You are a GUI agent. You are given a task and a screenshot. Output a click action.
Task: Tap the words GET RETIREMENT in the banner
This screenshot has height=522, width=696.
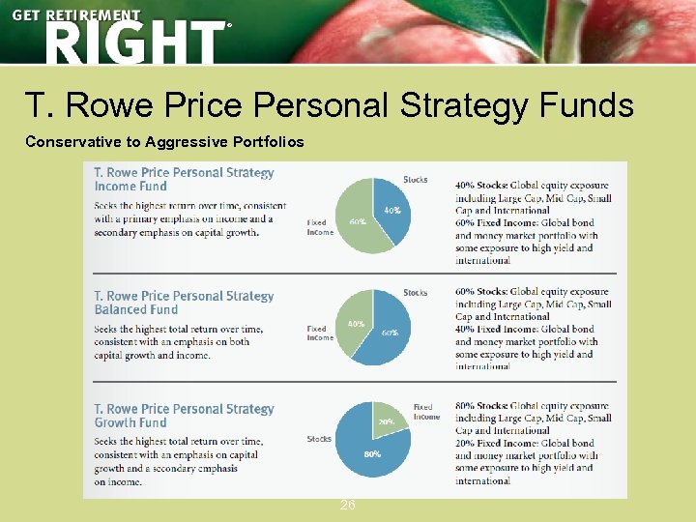click(x=76, y=15)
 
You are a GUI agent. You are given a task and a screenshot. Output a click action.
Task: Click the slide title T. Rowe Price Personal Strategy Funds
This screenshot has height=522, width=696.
click(x=329, y=104)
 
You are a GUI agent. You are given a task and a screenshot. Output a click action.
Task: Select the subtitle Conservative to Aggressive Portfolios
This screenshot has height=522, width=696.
click(x=164, y=142)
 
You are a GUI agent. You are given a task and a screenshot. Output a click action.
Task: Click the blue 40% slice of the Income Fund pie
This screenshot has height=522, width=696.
click(x=392, y=215)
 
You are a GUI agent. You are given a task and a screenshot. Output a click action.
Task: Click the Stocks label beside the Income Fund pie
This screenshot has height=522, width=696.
click(x=415, y=180)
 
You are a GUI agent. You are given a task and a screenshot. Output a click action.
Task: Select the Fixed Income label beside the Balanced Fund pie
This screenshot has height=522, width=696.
click(x=320, y=333)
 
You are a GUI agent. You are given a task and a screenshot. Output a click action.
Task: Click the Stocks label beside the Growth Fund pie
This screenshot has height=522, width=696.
click(x=319, y=439)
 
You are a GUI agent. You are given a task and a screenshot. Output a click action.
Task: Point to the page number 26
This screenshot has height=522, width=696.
click(x=348, y=505)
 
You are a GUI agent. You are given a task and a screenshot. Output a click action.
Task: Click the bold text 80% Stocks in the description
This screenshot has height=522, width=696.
click(x=487, y=406)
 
